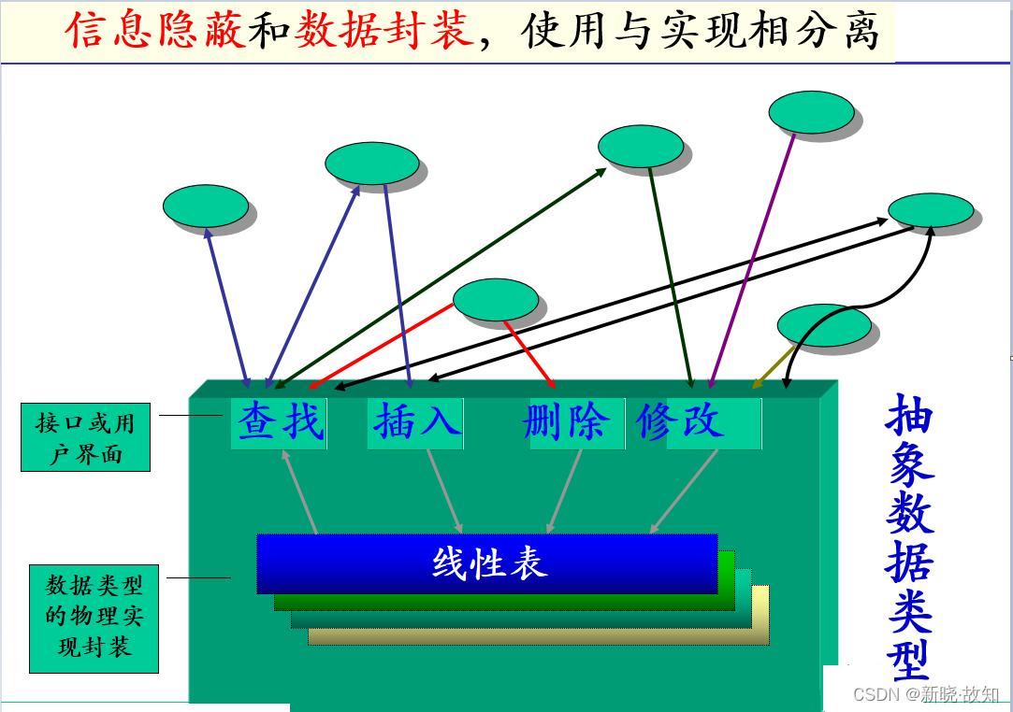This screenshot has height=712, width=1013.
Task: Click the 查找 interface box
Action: [x=279, y=423]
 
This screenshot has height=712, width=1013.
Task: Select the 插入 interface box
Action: [x=415, y=423]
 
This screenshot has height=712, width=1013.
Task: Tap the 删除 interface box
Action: [x=568, y=423]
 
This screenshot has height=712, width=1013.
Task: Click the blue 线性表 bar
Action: [x=487, y=563]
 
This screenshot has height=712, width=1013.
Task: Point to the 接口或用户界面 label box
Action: [x=85, y=437]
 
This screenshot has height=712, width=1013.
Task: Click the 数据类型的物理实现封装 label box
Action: [x=94, y=618]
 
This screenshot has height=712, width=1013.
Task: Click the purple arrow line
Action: [x=752, y=261]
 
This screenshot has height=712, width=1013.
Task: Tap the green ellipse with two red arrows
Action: [x=496, y=300]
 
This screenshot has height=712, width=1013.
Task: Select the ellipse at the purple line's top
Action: [x=811, y=112]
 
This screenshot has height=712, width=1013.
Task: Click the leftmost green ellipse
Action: [x=206, y=206]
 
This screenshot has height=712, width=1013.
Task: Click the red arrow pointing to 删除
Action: [x=529, y=354]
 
